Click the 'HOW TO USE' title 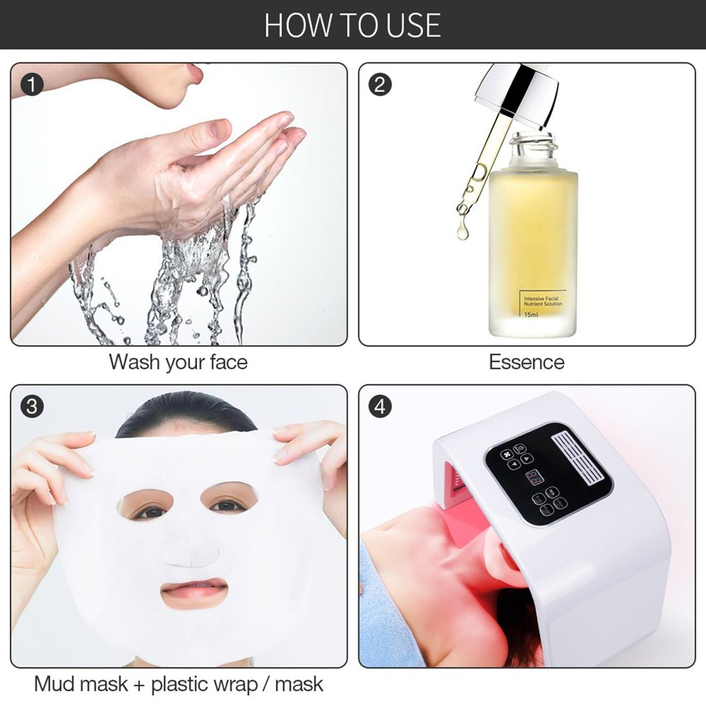pyautogui.click(x=352, y=24)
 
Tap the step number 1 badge pyautogui.click(x=32, y=85)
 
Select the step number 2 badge pyautogui.click(x=380, y=85)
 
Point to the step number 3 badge pyautogui.click(x=32, y=406)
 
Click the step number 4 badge pyautogui.click(x=380, y=406)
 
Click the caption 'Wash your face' pyautogui.click(x=178, y=362)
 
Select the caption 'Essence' pyautogui.click(x=526, y=362)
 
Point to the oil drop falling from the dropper pyautogui.click(x=463, y=231)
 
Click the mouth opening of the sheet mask pyautogui.click(x=194, y=592)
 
